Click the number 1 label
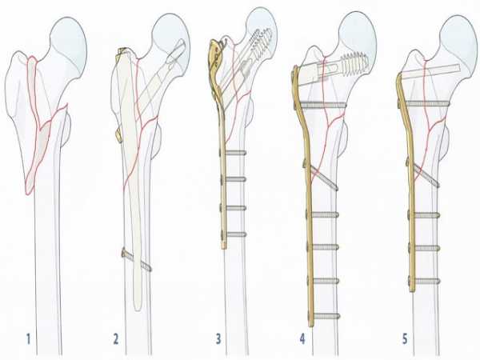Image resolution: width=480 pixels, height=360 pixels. click(x=29, y=339)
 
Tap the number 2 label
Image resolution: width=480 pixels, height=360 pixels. click(x=116, y=339)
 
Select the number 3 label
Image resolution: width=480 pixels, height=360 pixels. click(x=218, y=339)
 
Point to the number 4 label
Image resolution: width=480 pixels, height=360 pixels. click(x=302, y=339)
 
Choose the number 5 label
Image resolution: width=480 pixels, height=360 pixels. click(x=405, y=339)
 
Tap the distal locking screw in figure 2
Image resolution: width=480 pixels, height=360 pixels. click(x=137, y=260)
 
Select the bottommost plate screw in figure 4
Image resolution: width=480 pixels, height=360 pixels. click(x=326, y=316)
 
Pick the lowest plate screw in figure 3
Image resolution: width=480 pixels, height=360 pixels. click(x=234, y=234)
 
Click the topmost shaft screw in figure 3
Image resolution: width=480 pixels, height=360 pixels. click(x=234, y=152)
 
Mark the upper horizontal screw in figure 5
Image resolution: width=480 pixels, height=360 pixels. click(x=424, y=104)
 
